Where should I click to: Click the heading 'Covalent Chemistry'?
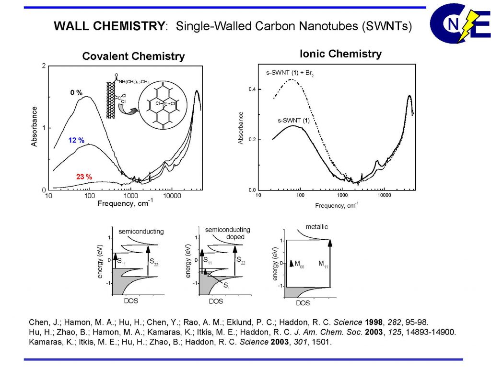pyautogui.click(x=133, y=56)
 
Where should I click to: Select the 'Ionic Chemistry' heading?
pyautogui.click(x=340, y=54)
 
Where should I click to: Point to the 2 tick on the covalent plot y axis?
pyautogui.click(x=44, y=66)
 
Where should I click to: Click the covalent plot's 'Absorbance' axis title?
pyautogui.click(x=35, y=126)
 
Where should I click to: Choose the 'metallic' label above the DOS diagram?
pyautogui.click(x=317, y=226)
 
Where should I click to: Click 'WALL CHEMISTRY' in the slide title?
pyautogui.click(x=109, y=26)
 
